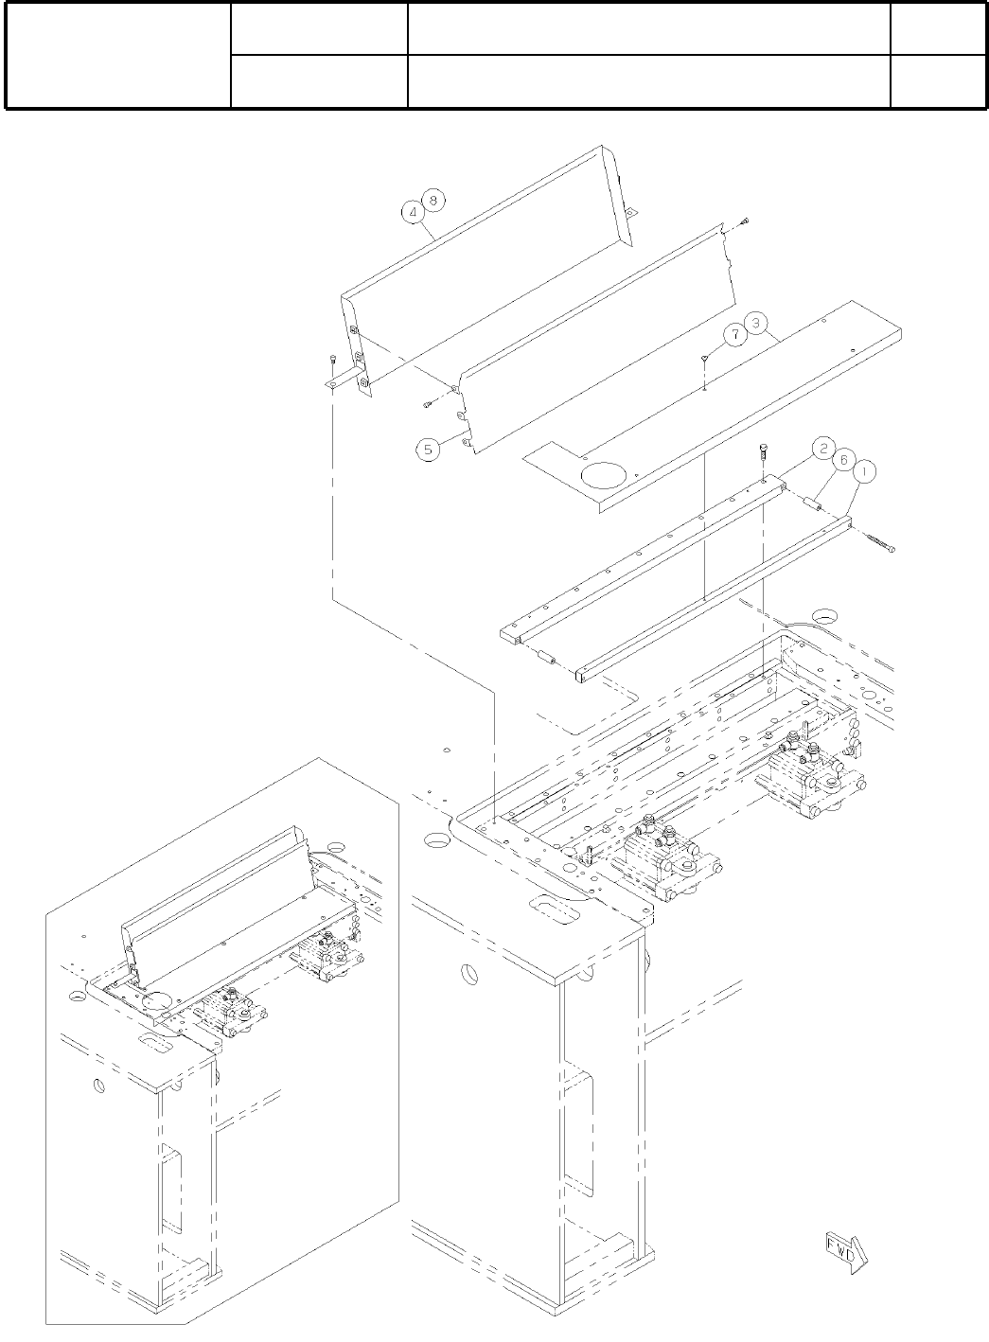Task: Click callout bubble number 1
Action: tap(862, 470)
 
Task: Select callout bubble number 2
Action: tap(823, 448)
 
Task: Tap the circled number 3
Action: tap(755, 323)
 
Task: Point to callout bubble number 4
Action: tap(415, 213)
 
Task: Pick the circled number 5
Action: tap(429, 450)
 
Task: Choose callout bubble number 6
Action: tap(839, 458)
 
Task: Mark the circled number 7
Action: tap(733, 333)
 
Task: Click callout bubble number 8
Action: tap(433, 201)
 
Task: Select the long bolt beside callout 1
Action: tap(880, 543)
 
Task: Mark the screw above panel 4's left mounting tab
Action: tap(334, 359)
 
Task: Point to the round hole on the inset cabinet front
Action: tap(98, 1085)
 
